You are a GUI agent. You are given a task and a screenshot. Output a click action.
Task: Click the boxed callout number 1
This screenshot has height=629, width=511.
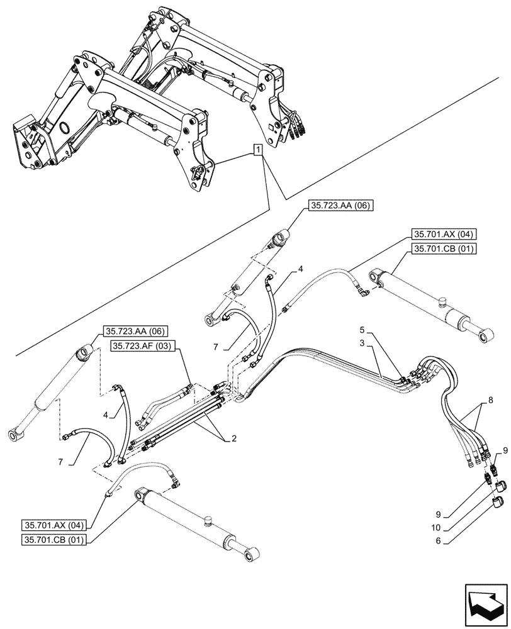(x=257, y=149)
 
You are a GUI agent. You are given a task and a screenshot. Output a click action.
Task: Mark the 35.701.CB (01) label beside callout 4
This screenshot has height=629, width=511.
(x=444, y=248)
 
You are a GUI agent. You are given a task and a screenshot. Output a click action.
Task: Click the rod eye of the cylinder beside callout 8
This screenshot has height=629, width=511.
(x=485, y=338)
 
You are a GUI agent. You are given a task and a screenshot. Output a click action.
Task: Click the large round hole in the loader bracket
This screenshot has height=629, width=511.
(x=64, y=128)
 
